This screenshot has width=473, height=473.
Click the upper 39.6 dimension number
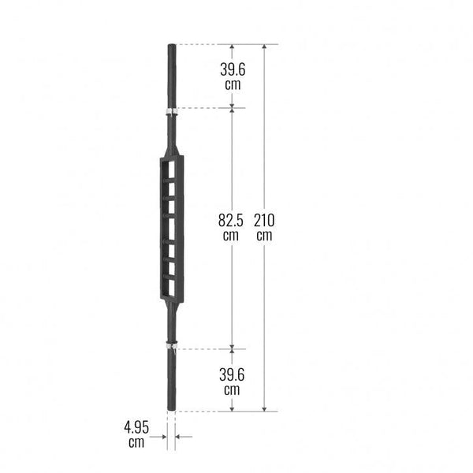pyautogui.click(x=233, y=69)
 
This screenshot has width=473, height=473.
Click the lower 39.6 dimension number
pyautogui.click(x=232, y=375)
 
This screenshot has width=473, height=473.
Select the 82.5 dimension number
pyautogui.click(x=231, y=220)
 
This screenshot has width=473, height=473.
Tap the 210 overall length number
pyautogui.click(x=264, y=220)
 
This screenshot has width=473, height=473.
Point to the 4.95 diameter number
pyautogui.click(x=136, y=427)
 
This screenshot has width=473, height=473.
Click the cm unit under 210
pyautogui.click(x=264, y=236)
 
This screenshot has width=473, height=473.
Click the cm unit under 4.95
pyautogui.click(x=136, y=442)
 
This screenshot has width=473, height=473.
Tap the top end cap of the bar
pyautogui.click(x=172, y=46)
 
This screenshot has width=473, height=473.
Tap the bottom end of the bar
pyautogui.click(x=171, y=408)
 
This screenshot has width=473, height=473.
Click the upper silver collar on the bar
pyautogui.click(x=171, y=112)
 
